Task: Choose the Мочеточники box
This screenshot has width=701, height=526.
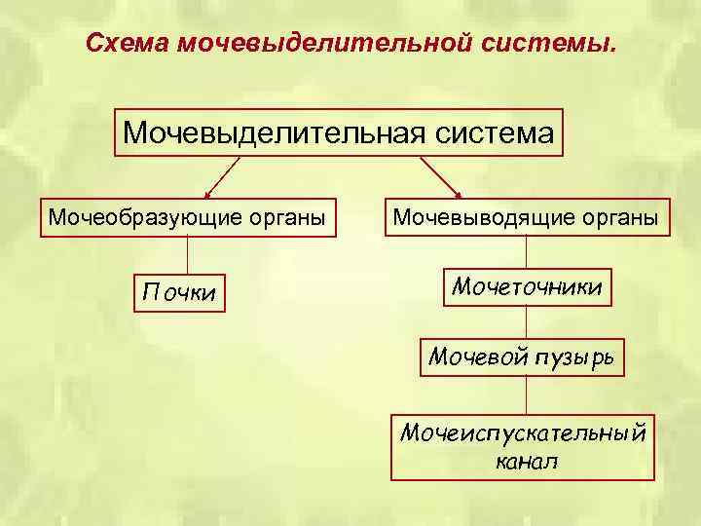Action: [x=527, y=287]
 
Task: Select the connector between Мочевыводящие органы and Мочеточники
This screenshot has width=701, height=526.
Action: [x=527, y=250]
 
